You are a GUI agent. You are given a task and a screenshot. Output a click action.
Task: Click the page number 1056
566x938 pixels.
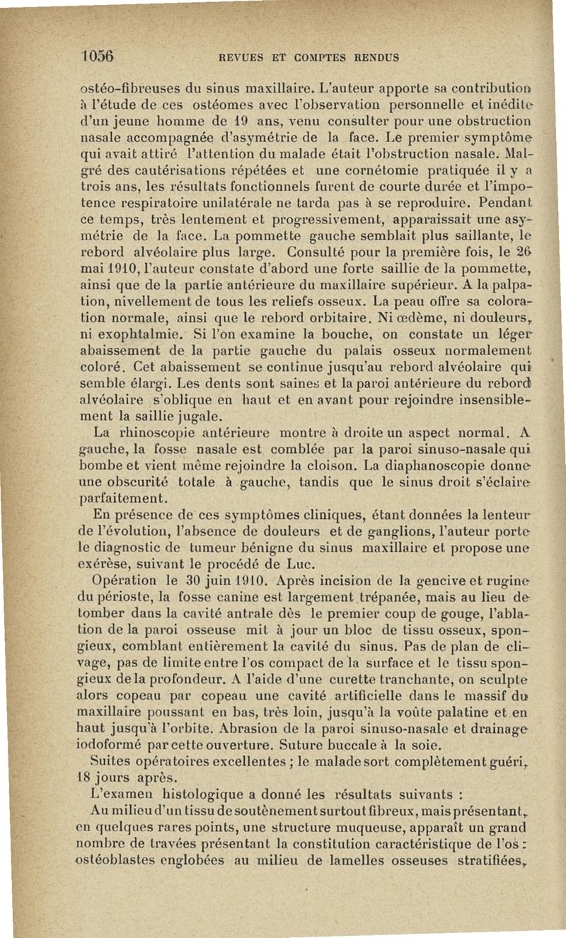click(98, 56)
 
